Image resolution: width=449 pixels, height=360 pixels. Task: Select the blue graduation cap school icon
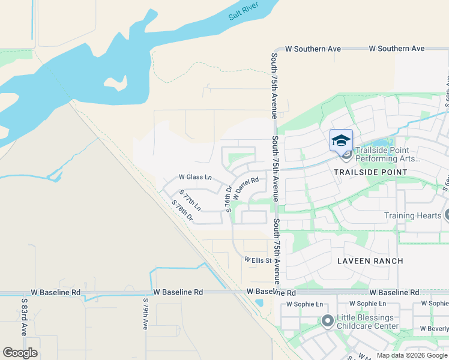[x=341, y=140]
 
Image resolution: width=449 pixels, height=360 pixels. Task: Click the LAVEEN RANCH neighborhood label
[x=370, y=261]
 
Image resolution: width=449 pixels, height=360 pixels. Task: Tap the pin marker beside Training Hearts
[x=447, y=215]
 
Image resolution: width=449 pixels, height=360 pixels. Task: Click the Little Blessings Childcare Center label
[x=367, y=322]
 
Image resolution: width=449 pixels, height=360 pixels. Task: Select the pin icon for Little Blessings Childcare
[x=327, y=322]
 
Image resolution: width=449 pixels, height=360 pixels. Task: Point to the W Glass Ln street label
[x=196, y=177]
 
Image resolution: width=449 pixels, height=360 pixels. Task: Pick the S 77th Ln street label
[x=190, y=200]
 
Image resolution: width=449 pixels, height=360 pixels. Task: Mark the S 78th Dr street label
[x=182, y=211]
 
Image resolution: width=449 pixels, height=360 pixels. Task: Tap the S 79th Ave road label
[x=145, y=314]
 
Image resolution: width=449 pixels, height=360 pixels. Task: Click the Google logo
[x=20, y=353]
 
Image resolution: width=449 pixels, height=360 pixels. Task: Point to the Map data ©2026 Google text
[x=411, y=355]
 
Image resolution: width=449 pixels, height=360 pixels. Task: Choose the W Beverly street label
[x=434, y=329]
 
